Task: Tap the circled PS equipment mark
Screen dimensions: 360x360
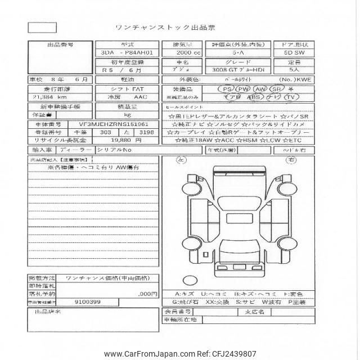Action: point(227,89)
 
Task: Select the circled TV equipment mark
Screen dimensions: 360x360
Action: point(291,97)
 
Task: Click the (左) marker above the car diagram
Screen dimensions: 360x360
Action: point(182,160)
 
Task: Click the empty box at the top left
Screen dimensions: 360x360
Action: point(42,26)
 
